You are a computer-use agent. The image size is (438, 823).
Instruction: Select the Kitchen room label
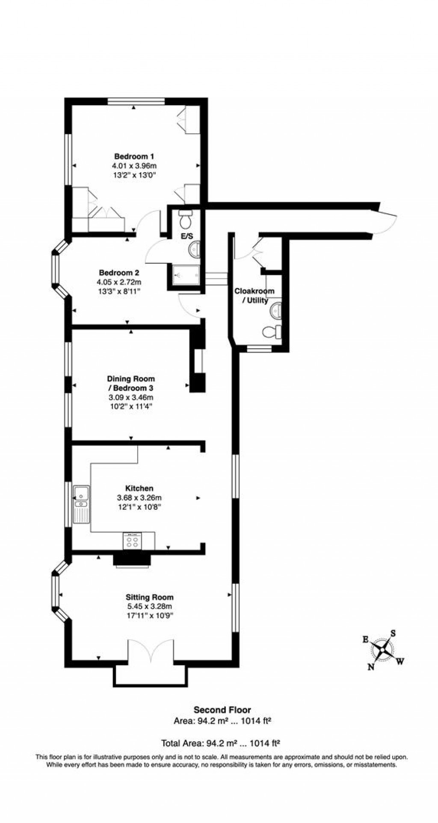tap(139, 488)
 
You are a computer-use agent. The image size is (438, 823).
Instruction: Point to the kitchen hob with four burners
tap(133, 541)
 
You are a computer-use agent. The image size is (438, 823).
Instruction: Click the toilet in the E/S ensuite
tap(186, 220)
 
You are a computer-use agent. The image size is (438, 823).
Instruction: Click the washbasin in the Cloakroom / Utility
tap(275, 310)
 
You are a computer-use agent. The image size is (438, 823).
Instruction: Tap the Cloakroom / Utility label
tap(254, 296)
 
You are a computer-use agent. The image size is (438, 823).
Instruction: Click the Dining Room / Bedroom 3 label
tap(130, 383)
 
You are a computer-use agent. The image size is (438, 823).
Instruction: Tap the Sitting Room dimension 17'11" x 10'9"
tap(149, 615)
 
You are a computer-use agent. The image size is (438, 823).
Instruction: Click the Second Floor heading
tap(222, 710)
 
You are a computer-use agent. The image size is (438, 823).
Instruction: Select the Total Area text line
tap(220, 743)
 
